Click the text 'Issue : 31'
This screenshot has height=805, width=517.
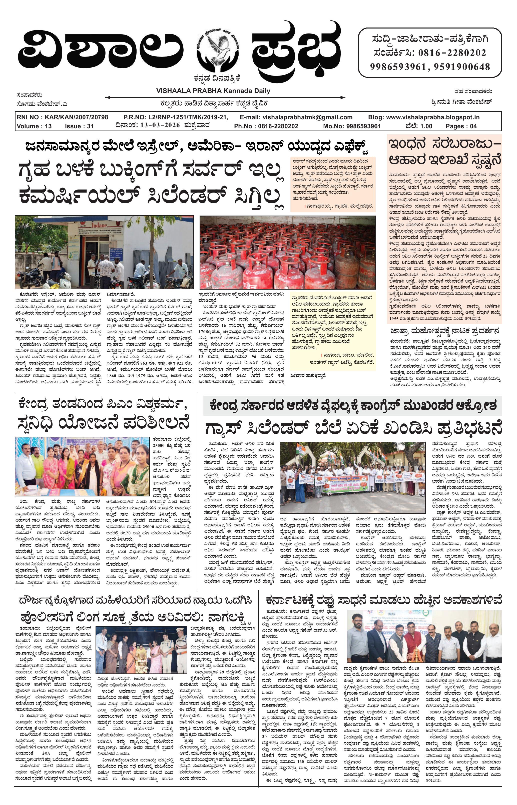click(x=79, y=126)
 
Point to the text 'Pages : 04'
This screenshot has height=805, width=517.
click(x=461, y=126)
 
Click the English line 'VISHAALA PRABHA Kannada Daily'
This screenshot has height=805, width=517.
click(x=213, y=91)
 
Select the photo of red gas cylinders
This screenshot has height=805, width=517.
click(x=287, y=252)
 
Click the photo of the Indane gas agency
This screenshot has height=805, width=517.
click(x=104, y=252)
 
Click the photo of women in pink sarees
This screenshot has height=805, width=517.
click(x=82, y=466)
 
